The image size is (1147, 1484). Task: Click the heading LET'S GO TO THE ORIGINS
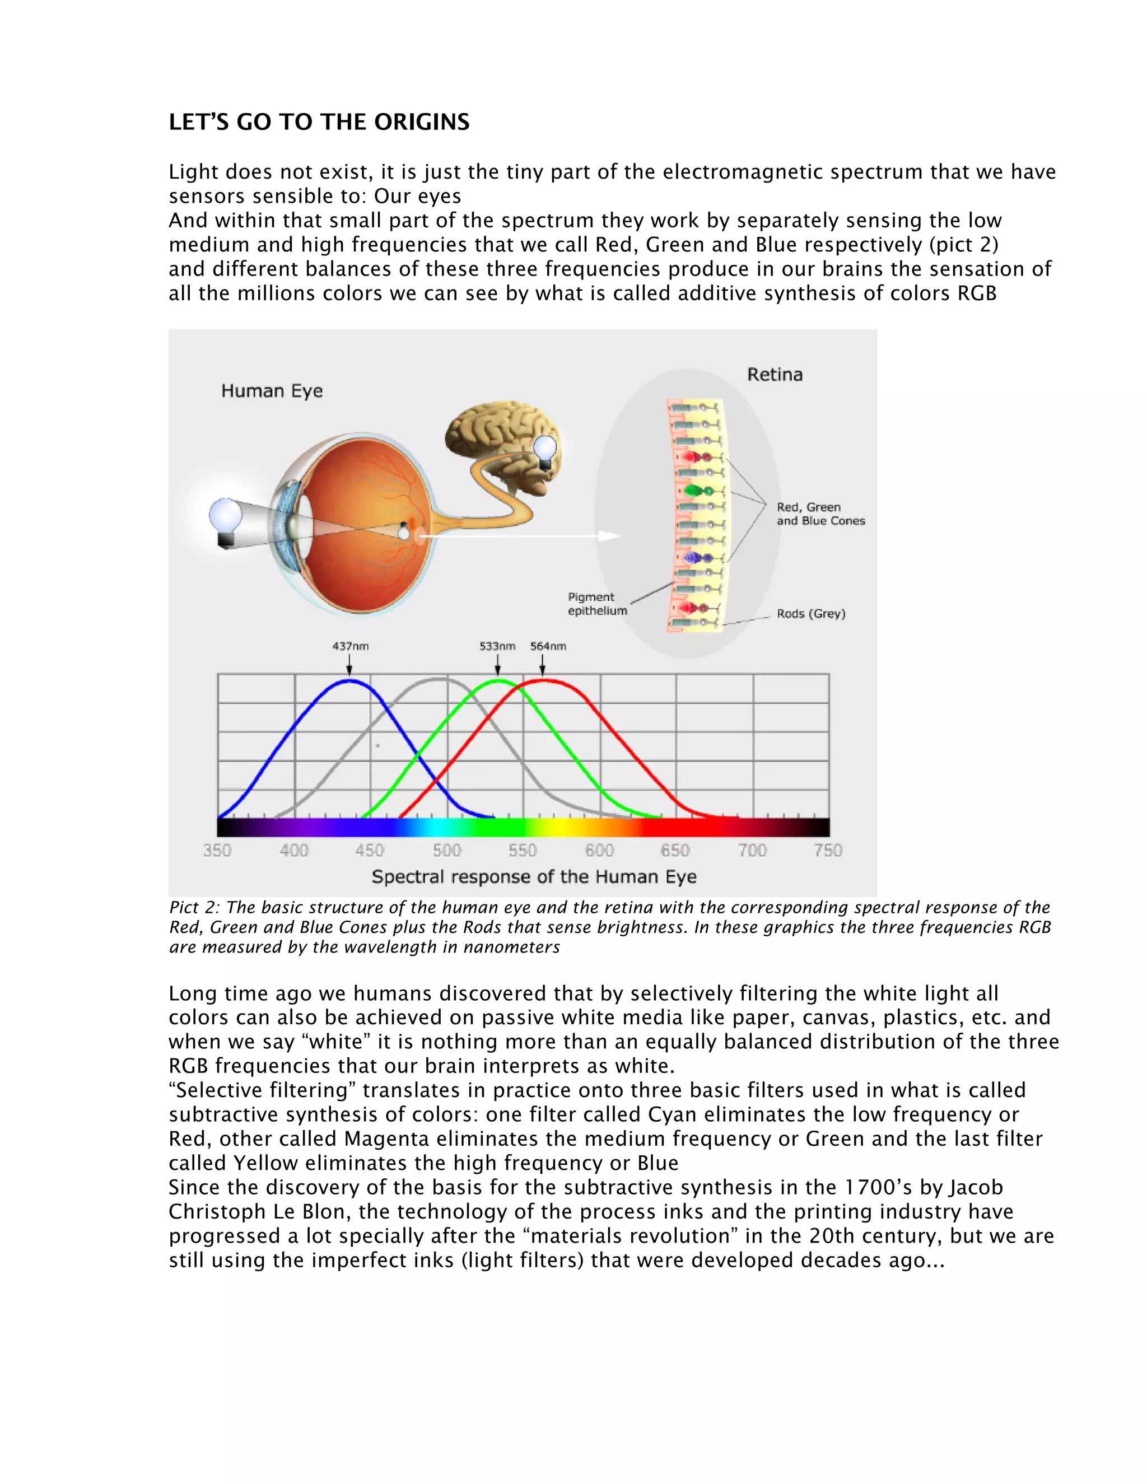pyautogui.click(x=319, y=122)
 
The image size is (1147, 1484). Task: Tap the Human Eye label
pyautogui.click(x=272, y=391)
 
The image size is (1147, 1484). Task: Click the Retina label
pyautogui.click(x=775, y=375)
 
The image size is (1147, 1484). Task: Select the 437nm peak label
pyautogui.click(x=350, y=646)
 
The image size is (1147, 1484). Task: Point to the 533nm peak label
pyautogui.click(x=497, y=646)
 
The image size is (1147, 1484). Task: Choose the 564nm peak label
pyautogui.click(x=548, y=646)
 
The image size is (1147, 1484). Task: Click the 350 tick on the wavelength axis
pyautogui.click(x=217, y=851)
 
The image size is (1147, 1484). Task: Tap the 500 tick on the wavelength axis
pyautogui.click(x=446, y=851)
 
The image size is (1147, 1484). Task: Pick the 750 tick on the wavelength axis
pyautogui.click(x=828, y=851)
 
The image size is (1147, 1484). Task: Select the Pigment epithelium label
pyautogui.click(x=596, y=603)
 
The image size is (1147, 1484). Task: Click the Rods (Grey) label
pyautogui.click(x=810, y=614)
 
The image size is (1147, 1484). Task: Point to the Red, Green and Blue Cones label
pyautogui.click(x=820, y=514)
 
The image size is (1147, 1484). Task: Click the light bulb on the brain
pyautogui.click(x=545, y=450)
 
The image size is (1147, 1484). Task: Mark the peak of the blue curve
pyautogui.click(x=349, y=680)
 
